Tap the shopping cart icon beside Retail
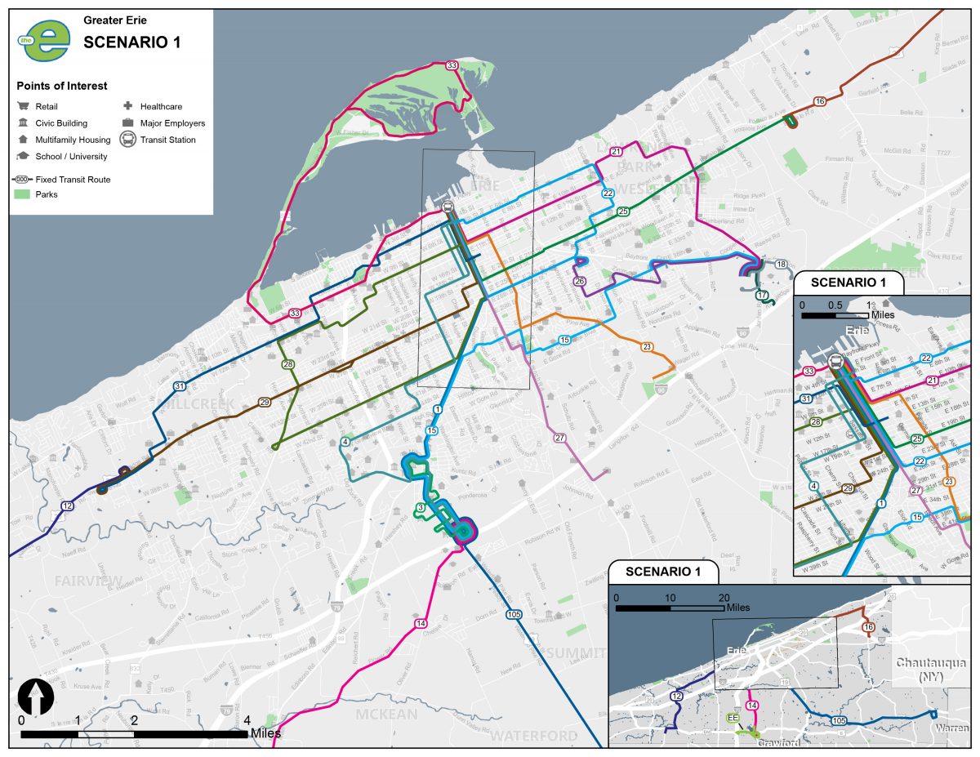click(x=23, y=106)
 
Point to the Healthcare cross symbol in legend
click(x=128, y=106)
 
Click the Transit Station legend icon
click(x=128, y=140)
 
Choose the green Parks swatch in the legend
click(x=23, y=194)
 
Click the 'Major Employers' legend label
click(x=172, y=123)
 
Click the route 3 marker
click(x=420, y=508)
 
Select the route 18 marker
click(x=782, y=265)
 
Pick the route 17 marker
click(x=762, y=295)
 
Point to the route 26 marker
click(x=580, y=281)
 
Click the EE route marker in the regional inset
click(x=733, y=718)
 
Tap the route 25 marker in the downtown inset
click(x=916, y=439)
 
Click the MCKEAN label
click(x=386, y=715)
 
